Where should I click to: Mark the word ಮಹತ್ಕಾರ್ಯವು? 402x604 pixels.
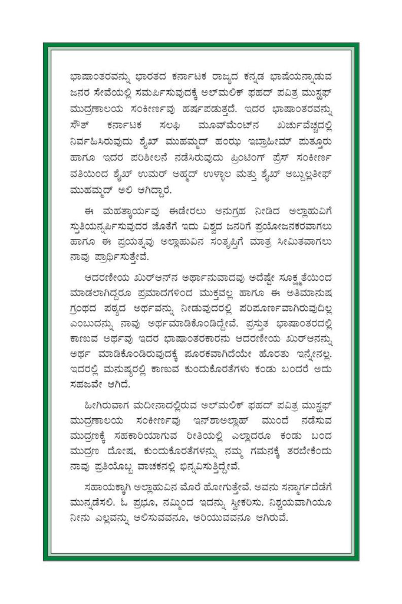click(123, 211)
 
